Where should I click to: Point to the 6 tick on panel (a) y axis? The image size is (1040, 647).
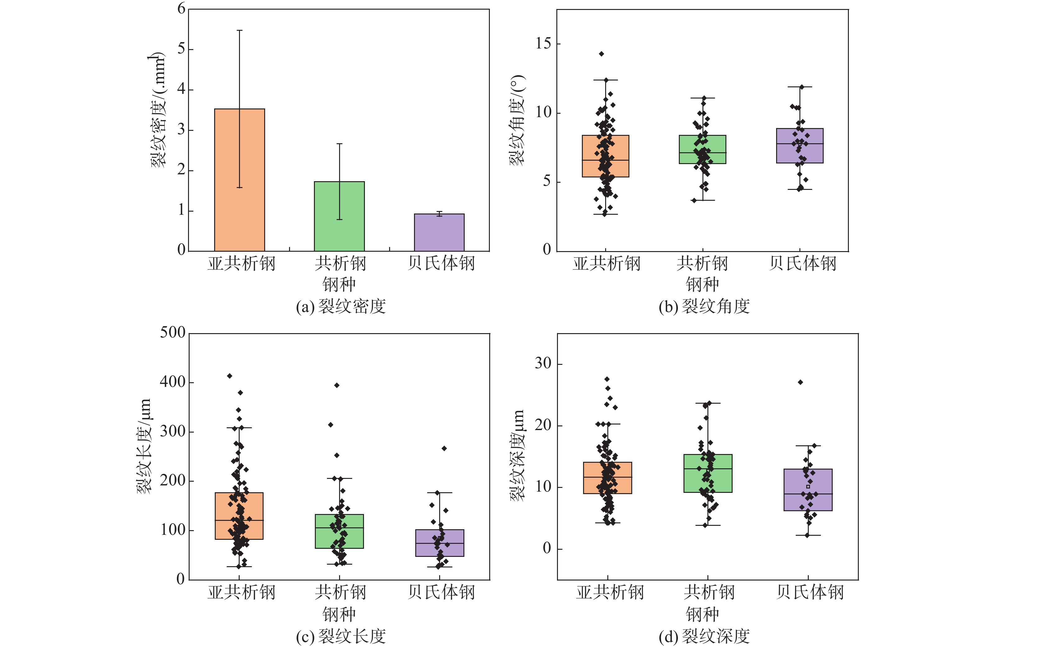(x=182, y=9)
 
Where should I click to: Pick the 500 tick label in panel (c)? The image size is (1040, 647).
(x=173, y=333)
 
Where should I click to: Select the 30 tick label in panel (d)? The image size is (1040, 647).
(x=543, y=363)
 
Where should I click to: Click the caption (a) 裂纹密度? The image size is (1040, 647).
(x=341, y=306)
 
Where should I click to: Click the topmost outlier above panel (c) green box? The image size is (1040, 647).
(x=337, y=385)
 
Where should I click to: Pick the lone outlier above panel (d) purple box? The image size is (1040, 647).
(x=800, y=382)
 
